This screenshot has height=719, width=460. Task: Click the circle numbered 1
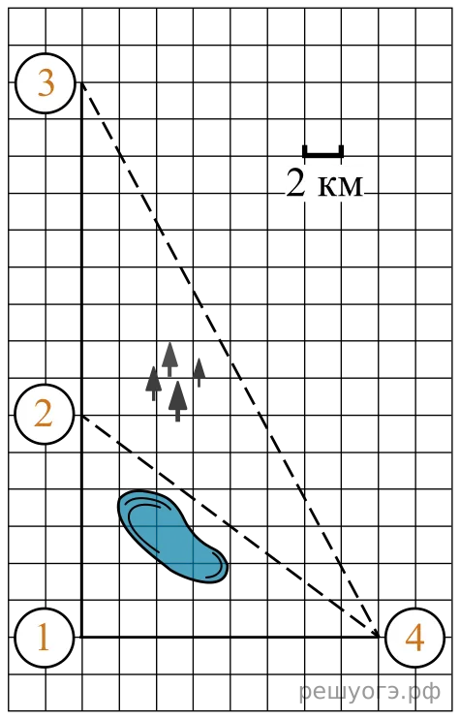point(45,638)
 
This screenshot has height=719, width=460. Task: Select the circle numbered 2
point(45,415)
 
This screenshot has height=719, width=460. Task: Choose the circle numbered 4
point(415,638)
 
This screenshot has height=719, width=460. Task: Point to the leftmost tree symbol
point(153,384)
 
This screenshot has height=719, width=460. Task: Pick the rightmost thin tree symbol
point(199,372)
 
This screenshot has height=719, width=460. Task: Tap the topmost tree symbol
point(169,359)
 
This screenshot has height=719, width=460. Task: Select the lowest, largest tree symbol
point(178,401)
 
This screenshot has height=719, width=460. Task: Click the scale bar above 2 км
point(323,152)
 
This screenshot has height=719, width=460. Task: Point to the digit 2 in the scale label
point(295,183)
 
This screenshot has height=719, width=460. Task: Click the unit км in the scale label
point(340,187)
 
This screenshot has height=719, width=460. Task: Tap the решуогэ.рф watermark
point(370,691)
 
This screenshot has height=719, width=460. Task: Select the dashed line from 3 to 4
point(230,359)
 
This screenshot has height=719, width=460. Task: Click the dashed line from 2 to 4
point(230,526)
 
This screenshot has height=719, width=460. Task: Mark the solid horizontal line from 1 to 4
point(230,637)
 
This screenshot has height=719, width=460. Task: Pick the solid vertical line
point(81,359)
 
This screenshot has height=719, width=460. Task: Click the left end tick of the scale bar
point(305,151)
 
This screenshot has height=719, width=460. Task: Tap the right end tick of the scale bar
point(341,151)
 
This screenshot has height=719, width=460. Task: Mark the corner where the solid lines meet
point(81,637)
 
